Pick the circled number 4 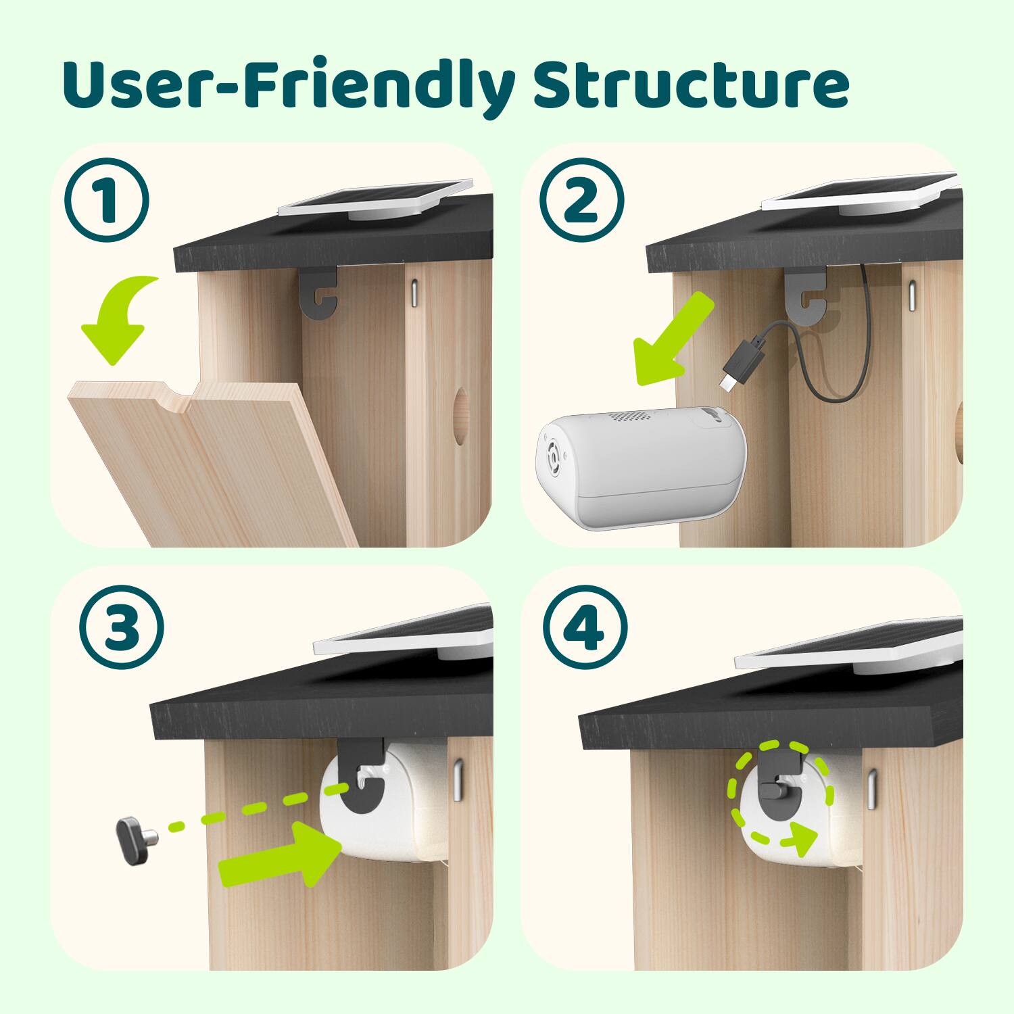pyautogui.click(x=585, y=628)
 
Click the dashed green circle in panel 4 pyautogui.click(x=777, y=794)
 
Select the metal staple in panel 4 pyautogui.click(x=872, y=787)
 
